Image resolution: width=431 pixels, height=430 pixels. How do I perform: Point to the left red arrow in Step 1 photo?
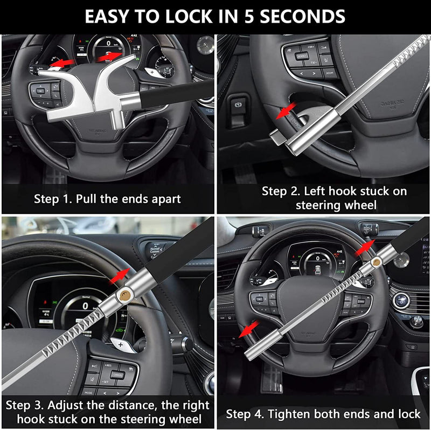tap(62, 64)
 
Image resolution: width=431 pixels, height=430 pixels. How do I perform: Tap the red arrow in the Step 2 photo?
tap(286, 111)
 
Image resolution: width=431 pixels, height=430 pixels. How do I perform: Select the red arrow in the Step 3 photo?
tap(122, 275)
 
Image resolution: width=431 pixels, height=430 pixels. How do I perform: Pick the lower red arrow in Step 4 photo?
tap(249, 328)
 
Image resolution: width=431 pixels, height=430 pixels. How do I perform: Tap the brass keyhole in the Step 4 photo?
tap(377, 261)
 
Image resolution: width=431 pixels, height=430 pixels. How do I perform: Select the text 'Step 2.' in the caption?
tap(281, 191)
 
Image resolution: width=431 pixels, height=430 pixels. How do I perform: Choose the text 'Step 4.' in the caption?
tap(245, 414)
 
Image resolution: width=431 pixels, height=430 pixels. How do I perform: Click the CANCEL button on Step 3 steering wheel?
tap(117, 374)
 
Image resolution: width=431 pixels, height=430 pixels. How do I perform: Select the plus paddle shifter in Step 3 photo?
tap(123, 344)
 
